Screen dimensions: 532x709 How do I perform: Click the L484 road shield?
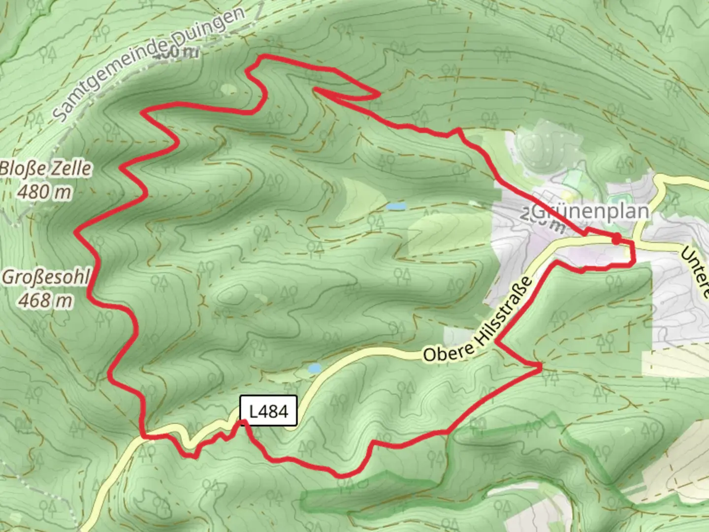coord(268,410)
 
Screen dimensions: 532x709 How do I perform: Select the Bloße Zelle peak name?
coord(46,168)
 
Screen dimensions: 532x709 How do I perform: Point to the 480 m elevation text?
coord(44,192)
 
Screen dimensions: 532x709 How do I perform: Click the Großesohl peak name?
coord(46,277)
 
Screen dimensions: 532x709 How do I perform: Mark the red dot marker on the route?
coord(616,239)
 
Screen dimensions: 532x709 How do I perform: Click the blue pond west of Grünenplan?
coord(396,206)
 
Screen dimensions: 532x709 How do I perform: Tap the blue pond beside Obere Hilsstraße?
coord(314,368)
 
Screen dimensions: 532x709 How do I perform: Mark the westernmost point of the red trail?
coord(75,232)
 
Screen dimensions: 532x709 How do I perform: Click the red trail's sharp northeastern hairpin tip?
coord(378,94)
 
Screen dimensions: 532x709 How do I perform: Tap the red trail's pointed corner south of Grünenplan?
coord(541,366)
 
